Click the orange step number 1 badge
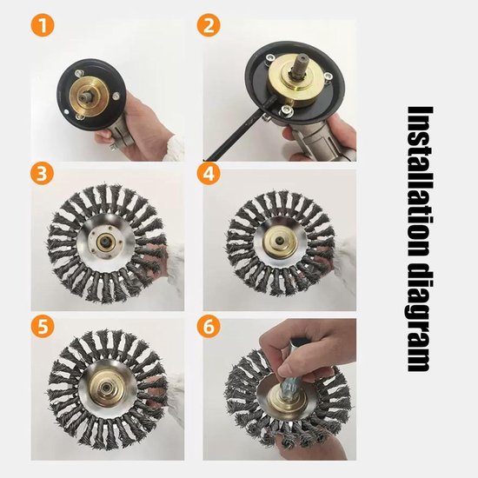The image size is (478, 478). [43, 25]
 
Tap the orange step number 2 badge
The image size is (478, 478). [209, 25]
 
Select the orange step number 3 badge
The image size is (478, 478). [42, 174]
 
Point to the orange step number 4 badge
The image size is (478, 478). [209, 174]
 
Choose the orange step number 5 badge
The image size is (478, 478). [43, 326]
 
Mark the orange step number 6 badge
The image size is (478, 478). [209, 326]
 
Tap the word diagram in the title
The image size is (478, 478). [421, 320]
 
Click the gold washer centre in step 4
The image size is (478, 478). [281, 241]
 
